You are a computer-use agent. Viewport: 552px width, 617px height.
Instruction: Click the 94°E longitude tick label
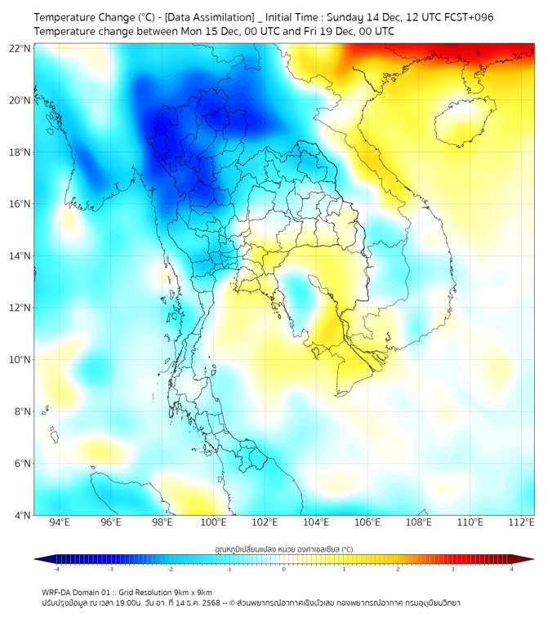click(x=60, y=522)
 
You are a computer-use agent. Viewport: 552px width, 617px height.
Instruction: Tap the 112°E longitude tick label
click(x=521, y=522)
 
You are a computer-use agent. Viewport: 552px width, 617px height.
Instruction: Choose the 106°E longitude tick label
click(x=367, y=522)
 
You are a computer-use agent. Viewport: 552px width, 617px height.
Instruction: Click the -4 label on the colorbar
click(x=56, y=569)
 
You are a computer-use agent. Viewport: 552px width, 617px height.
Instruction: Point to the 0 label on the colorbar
click(x=284, y=569)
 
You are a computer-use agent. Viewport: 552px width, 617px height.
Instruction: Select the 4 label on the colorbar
click(x=512, y=569)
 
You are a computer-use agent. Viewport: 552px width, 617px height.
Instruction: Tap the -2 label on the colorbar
click(x=170, y=569)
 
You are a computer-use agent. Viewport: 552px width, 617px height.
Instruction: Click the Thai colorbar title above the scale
click(x=283, y=548)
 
